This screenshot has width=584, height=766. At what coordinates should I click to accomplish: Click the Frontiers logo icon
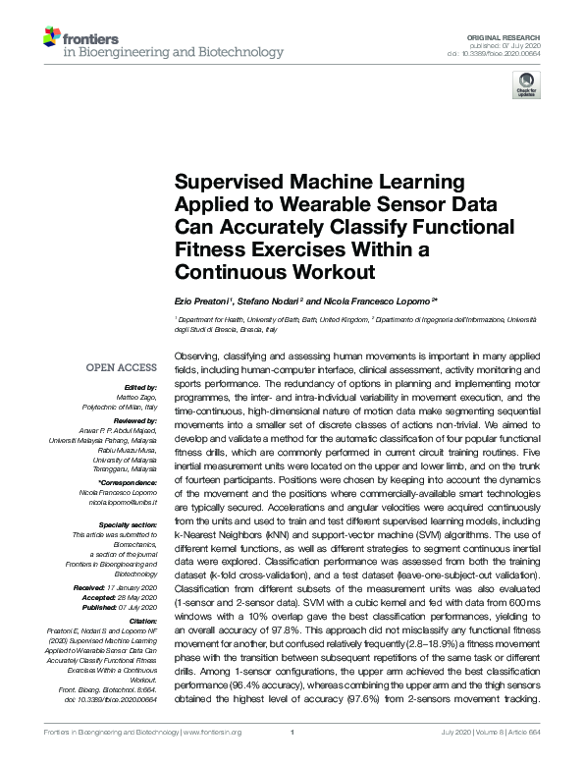[51, 39]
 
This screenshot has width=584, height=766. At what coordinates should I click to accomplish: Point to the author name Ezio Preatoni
[202, 300]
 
